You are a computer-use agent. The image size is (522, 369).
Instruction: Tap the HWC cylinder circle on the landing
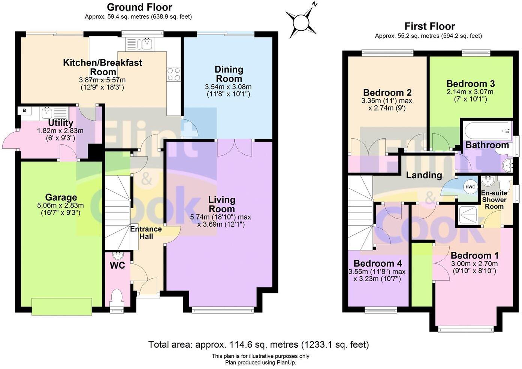470,187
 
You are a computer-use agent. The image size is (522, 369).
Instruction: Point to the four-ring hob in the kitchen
174,74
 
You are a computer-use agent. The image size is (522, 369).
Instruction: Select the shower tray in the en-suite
467,215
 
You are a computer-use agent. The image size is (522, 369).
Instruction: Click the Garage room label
61,197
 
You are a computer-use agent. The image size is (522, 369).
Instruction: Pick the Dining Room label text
229,74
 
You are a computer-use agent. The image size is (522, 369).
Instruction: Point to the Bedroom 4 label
377,263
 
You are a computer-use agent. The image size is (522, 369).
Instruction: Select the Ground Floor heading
139,7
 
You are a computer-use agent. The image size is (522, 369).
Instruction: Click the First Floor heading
429,26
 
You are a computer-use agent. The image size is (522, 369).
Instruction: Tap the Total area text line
259,344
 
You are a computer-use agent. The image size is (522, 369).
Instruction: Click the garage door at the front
62,306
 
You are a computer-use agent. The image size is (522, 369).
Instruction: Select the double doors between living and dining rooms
235,147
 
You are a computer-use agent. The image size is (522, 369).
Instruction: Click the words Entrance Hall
146,233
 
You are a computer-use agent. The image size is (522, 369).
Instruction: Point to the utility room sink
47,112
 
